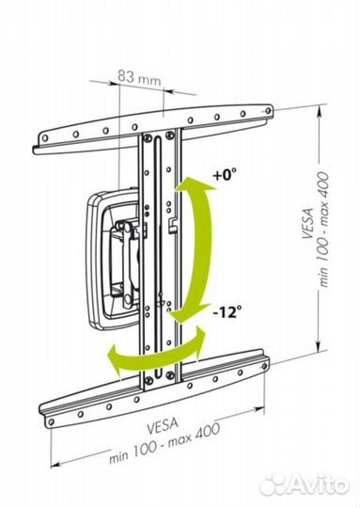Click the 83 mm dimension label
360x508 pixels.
(139, 77)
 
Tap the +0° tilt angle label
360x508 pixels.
(225, 175)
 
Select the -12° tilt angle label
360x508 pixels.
(227, 312)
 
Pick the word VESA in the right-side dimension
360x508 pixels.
(308, 224)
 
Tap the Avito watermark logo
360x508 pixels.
(305, 485)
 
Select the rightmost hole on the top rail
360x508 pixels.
(268, 110)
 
